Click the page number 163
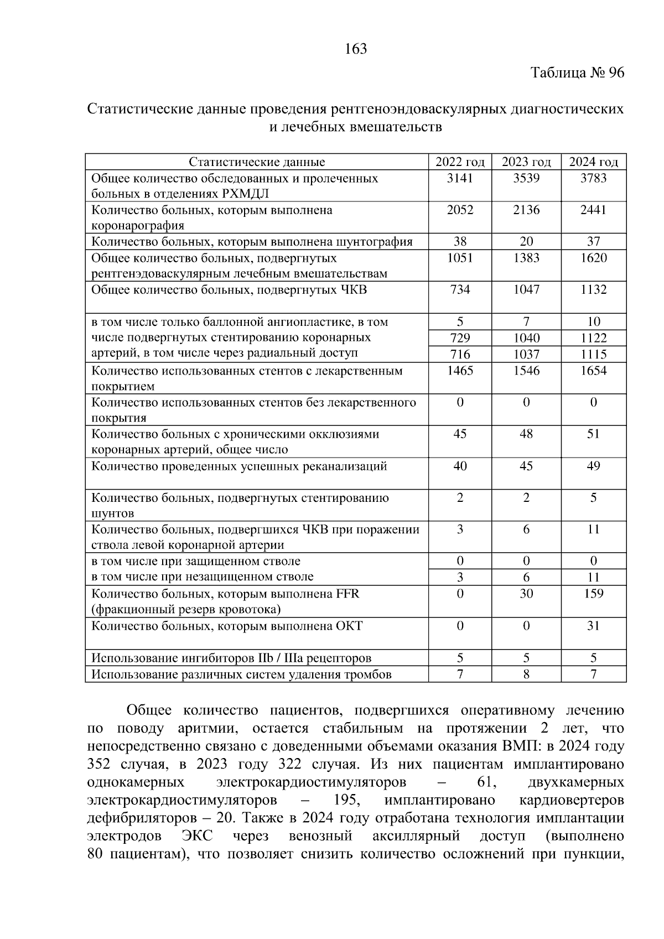coord(356,49)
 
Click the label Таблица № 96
coord(577,73)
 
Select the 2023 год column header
coord(526,162)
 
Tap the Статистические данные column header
coord(257,162)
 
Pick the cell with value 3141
coord(460,178)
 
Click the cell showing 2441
coord(593,210)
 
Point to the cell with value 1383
coord(526,258)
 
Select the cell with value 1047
coord(526,289)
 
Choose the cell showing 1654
coord(593,371)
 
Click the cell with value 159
coord(593,594)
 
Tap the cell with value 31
coord(593,626)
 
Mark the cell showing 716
coord(460,354)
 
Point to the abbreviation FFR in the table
coord(347,594)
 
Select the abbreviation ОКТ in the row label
coord(349,626)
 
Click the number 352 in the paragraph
coord(100,765)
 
